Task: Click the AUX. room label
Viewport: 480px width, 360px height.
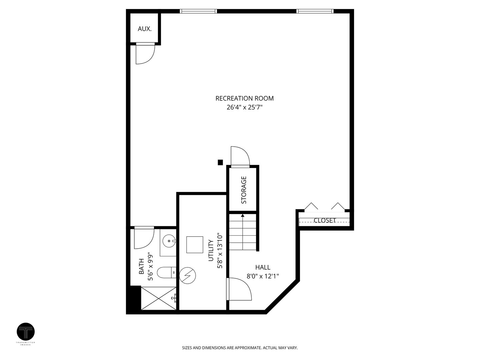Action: coord(145,29)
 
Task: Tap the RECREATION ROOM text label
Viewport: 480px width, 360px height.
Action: coord(244,98)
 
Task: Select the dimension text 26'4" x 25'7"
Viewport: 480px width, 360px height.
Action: coord(244,107)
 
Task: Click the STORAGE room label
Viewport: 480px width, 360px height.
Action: coord(244,190)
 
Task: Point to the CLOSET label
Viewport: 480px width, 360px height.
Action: coord(325,221)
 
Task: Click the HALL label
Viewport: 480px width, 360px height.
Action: coord(263,267)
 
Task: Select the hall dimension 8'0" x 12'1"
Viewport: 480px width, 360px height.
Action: coord(263,276)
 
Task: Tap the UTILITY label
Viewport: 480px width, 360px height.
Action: coord(211,251)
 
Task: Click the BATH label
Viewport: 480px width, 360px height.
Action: coord(141,267)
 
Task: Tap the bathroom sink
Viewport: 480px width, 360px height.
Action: coord(169,240)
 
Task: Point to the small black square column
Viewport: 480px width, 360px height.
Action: coord(220,162)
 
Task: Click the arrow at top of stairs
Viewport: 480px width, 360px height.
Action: coord(243,216)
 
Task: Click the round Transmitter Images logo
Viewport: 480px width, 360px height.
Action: coord(26,332)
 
